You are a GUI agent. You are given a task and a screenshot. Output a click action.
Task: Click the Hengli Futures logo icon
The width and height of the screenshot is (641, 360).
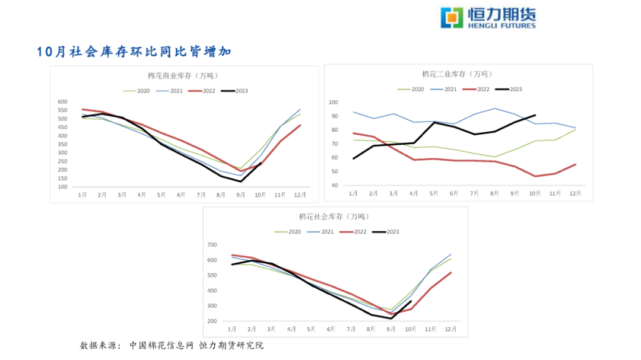coord(452,17)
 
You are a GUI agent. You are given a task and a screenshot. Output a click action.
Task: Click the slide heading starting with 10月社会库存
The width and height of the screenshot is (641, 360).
coord(134,52)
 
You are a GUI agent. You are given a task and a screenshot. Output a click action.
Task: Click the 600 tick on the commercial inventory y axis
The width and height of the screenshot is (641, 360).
coord(62,102)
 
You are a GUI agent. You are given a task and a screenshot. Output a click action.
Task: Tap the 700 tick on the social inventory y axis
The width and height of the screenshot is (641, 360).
coord(212,245)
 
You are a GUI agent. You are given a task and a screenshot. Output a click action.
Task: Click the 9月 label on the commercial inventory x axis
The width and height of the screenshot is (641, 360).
coord(240,195)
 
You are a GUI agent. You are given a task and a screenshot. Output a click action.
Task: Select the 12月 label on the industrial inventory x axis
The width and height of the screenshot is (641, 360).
coord(575,193)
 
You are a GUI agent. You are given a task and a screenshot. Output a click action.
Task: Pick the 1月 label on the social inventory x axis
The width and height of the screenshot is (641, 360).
coord(232,329)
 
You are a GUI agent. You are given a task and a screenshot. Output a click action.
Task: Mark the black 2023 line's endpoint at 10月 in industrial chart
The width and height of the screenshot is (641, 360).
coord(535,115)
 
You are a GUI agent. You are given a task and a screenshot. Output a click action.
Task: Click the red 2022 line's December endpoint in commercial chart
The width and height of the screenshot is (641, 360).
coord(300,125)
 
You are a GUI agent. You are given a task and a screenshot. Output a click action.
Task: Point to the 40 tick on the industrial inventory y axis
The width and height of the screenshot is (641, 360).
coord(335,186)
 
